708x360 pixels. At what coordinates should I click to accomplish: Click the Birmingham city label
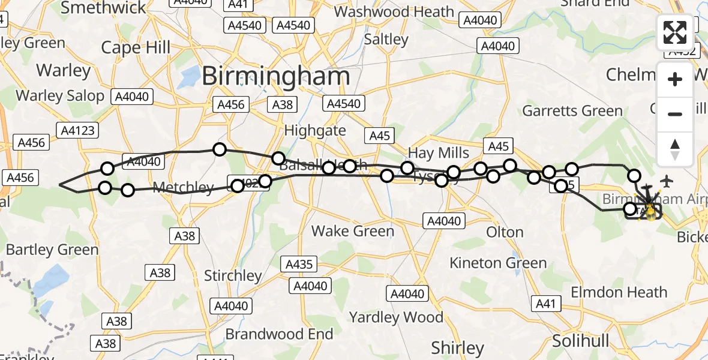click(276, 76)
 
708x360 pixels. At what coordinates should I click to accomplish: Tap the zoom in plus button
click(675, 79)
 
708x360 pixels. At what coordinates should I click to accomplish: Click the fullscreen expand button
click(675, 32)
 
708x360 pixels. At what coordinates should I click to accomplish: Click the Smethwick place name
click(103, 8)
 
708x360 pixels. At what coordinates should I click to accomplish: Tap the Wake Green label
click(353, 231)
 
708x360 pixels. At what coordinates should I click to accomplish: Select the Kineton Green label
click(498, 263)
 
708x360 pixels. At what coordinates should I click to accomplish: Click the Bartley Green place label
click(52, 250)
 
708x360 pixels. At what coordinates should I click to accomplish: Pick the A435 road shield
click(299, 264)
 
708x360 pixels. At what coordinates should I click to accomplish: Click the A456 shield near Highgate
click(231, 105)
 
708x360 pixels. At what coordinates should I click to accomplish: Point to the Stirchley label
click(233, 276)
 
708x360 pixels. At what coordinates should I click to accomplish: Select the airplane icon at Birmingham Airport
click(667, 181)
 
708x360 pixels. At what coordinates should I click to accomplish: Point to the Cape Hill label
click(136, 47)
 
